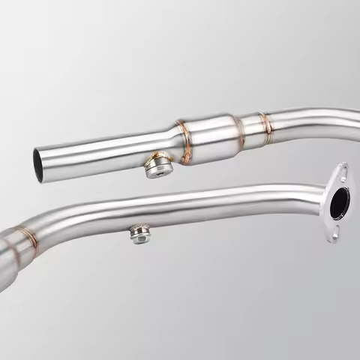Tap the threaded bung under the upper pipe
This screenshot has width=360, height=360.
click(x=157, y=167)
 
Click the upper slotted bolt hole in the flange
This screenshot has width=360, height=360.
click(x=342, y=173)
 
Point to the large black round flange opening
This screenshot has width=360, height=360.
click(x=340, y=202)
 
